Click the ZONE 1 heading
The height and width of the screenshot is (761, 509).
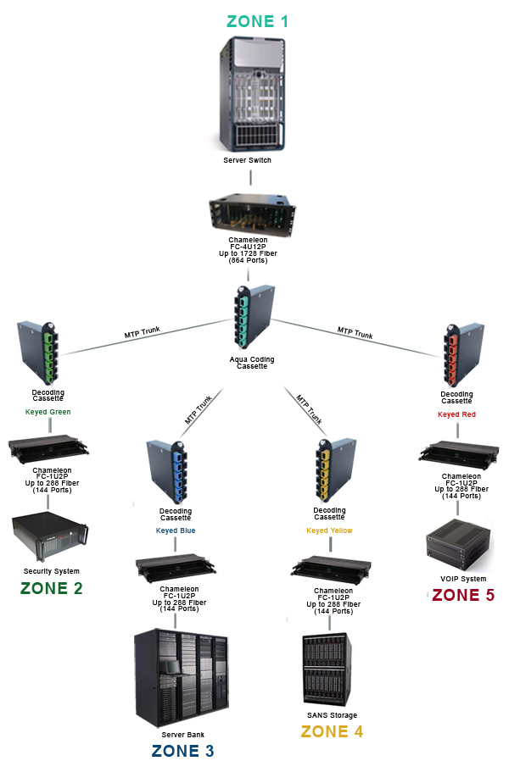pos(257,21)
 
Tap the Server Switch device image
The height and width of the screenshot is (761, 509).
pos(251,93)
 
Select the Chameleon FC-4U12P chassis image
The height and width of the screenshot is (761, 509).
pos(252,214)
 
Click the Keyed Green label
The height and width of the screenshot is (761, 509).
pos(48,412)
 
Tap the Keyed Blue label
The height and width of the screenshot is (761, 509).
pos(176,531)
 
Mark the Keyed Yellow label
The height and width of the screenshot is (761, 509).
pos(329,531)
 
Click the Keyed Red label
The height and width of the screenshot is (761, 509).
pos(457,415)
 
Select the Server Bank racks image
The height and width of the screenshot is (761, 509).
pos(182,678)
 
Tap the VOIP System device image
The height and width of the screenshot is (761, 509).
pos(461,543)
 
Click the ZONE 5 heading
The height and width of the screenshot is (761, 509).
pos(463,595)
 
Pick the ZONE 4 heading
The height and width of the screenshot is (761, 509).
pos(332,731)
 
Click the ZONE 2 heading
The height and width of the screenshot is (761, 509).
pos(52,588)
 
